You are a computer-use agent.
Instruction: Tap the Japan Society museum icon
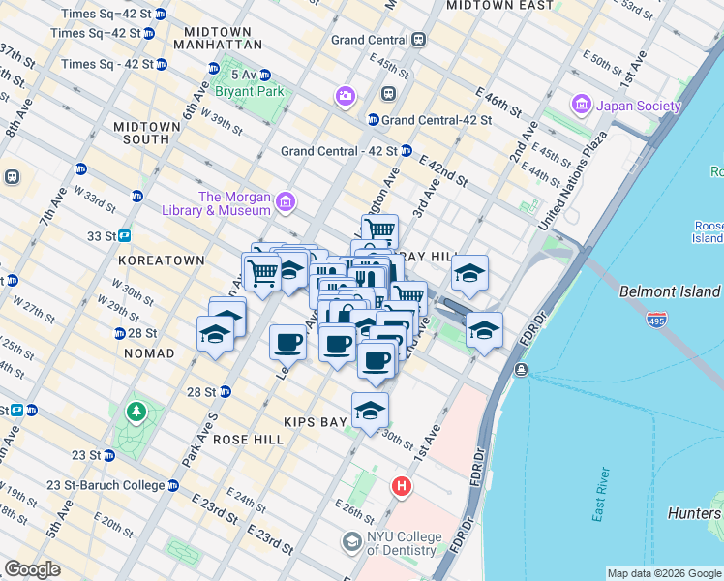(x=582, y=104)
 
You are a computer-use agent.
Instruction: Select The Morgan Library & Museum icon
(x=286, y=202)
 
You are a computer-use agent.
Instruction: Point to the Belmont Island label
(x=670, y=291)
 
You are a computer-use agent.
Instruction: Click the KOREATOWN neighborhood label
(x=161, y=260)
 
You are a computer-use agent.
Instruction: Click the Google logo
(x=33, y=569)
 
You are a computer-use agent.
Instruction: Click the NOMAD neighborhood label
(x=149, y=353)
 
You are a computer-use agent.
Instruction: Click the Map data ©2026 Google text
(x=664, y=573)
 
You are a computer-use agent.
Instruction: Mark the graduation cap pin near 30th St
(x=370, y=412)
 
